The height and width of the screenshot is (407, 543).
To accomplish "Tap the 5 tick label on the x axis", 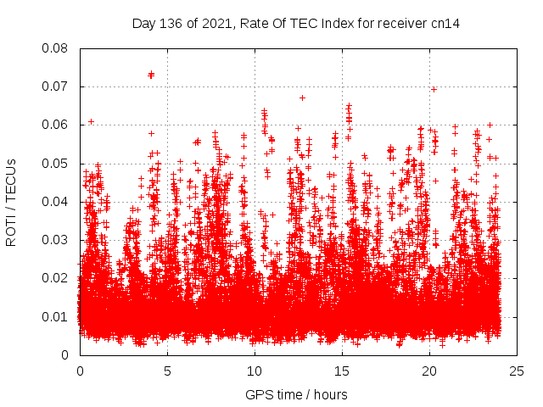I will coord(167,371).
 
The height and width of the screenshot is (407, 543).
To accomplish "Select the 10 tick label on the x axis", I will coord(255,371).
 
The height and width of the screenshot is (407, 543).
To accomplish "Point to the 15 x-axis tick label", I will coord(342,371).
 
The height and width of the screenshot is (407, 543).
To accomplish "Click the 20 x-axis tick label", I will coord(429,371).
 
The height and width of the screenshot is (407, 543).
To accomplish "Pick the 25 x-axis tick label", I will coord(517,371).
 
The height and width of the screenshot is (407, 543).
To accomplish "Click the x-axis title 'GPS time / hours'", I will coord(296,394).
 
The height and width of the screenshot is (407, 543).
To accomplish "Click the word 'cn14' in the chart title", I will coord(445,24).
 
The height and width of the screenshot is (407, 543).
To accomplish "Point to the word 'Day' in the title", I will coord(144,24).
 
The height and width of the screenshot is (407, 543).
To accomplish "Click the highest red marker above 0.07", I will coord(151,74).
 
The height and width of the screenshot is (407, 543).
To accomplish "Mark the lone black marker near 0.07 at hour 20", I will coord(434,89).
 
